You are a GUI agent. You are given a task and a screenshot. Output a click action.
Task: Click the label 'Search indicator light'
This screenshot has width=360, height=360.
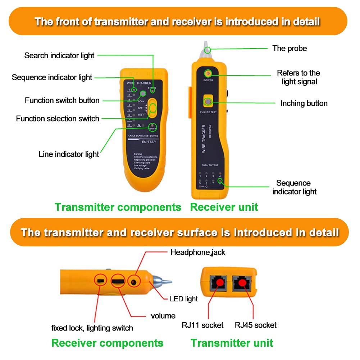pos(59,55)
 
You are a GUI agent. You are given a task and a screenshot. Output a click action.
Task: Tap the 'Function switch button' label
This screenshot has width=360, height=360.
pos(62,100)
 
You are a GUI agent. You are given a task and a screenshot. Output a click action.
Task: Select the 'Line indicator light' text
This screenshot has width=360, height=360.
pos(69,154)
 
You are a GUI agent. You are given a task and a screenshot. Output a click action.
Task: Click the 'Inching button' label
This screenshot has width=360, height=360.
pos(304,104)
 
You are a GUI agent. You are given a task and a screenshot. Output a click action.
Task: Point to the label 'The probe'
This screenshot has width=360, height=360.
pos(290,49)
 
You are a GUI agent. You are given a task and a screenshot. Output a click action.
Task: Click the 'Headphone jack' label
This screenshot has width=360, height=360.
pos(198,252)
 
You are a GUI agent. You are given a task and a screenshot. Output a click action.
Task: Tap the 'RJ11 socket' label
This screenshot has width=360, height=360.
pos(202,325)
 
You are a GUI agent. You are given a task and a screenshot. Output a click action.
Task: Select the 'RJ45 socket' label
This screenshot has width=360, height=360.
pos(256,325)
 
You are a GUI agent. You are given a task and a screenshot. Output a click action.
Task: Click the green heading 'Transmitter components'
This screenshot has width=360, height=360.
pos(118,207)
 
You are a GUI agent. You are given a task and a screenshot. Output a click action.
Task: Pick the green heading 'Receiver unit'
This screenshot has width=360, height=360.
pos(224,207)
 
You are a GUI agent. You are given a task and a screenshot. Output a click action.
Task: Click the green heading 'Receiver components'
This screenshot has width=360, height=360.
pos(108,343)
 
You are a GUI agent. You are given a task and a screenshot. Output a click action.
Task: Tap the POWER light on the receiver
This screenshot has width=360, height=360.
pos(208,74)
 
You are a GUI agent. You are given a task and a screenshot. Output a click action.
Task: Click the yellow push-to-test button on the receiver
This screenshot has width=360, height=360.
pos(208,102)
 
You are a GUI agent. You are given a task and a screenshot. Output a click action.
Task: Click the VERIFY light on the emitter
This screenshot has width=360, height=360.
pos(152,127)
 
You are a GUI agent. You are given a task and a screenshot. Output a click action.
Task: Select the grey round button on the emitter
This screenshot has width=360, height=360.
pos(143,94)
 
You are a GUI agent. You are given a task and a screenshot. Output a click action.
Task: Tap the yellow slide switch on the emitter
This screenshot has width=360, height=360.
pos(153,108)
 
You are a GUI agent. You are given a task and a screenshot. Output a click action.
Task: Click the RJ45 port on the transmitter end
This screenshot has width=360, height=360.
pos(242,283)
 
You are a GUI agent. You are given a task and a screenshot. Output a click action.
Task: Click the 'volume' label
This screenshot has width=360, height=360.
pos(163,316)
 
